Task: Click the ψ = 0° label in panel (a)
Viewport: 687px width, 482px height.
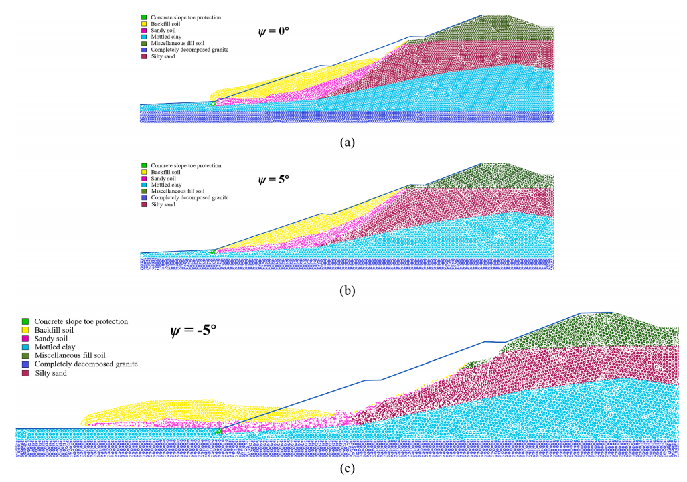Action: click(274, 31)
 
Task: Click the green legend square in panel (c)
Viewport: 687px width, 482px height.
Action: click(25, 321)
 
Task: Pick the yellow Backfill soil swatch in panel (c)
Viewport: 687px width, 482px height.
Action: click(25, 330)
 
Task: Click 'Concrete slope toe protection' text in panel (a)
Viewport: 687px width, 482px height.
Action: click(186, 17)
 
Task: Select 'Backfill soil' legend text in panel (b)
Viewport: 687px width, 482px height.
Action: click(167, 172)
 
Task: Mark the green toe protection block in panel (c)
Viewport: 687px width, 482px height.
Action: click(218, 432)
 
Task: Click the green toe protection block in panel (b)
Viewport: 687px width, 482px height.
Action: click(212, 252)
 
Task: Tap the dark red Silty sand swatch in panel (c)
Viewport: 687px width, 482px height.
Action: click(25, 373)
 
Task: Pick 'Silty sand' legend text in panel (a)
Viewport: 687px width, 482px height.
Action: click(163, 56)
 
